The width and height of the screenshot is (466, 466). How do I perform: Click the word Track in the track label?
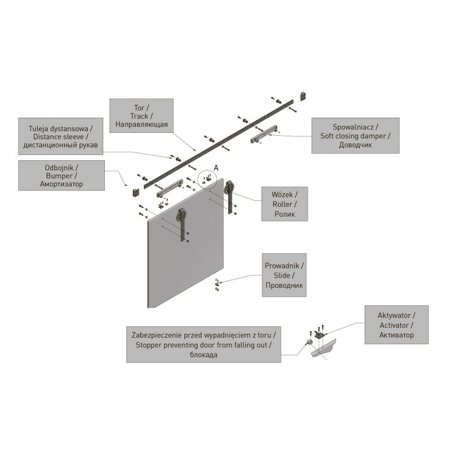(x=139, y=116)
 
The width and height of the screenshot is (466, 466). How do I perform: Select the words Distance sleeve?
(x=59, y=137)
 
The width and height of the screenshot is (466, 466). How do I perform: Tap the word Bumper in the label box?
(x=59, y=176)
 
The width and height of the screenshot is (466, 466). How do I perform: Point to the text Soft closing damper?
(x=353, y=136)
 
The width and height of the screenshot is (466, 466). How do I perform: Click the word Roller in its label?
(x=283, y=204)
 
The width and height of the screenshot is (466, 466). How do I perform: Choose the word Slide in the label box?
(x=282, y=275)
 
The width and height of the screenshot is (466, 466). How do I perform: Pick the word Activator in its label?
(x=394, y=325)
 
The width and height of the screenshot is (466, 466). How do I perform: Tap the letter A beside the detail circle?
(x=216, y=168)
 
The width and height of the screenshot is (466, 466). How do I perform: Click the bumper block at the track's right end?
(x=303, y=96)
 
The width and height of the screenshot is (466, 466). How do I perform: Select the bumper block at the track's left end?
(x=136, y=192)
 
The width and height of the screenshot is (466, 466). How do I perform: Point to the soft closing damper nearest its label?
(x=264, y=134)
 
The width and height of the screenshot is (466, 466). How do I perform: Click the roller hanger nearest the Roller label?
(x=230, y=197)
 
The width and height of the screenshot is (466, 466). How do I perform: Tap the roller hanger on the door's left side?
(x=182, y=224)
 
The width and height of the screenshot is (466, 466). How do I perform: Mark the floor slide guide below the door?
(x=217, y=284)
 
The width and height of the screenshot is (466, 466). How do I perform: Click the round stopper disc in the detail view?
(x=310, y=342)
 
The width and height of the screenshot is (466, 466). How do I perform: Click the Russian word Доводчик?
(x=355, y=145)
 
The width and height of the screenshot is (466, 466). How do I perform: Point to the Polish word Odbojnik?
(x=59, y=168)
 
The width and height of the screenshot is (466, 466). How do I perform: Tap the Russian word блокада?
(x=203, y=355)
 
